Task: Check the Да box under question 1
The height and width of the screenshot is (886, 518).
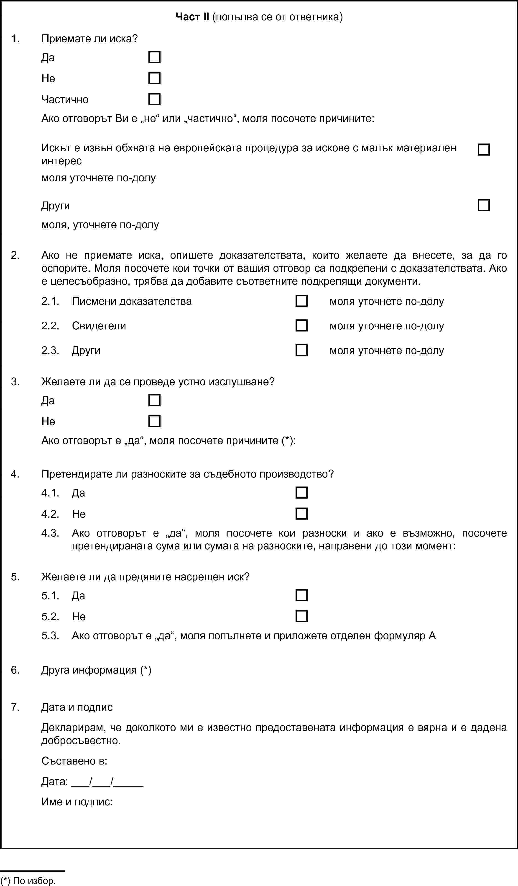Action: [x=155, y=57]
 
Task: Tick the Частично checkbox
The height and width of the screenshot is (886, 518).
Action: [x=155, y=99]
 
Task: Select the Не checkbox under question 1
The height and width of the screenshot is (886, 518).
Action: [x=155, y=78]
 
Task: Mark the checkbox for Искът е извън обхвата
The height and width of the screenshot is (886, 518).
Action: [x=484, y=150]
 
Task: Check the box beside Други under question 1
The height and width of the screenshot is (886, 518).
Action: [x=484, y=205]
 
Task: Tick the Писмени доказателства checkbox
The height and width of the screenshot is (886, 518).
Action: [x=301, y=301]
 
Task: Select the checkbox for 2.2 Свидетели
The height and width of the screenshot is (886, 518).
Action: [x=301, y=325]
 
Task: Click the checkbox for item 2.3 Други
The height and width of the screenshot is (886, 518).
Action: [x=301, y=350]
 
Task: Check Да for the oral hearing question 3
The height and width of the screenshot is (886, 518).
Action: [x=155, y=400]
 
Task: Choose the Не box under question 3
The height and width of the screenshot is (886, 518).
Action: [x=155, y=421]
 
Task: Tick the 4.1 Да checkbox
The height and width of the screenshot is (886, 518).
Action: [x=301, y=493]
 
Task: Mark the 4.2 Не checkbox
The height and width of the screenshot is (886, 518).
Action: [x=301, y=514]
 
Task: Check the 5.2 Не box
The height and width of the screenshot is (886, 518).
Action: [x=301, y=616]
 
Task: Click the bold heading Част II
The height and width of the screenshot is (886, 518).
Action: [x=192, y=16]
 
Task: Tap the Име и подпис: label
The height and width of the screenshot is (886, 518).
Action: [x=77, y=802]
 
